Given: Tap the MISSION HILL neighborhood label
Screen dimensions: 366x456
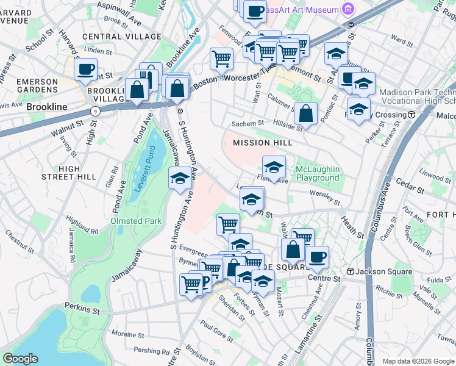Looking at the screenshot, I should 259,143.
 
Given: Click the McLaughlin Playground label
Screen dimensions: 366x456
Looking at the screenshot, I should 317,173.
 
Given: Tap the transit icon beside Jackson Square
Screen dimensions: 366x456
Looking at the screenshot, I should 351,271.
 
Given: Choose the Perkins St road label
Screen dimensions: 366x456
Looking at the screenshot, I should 82,310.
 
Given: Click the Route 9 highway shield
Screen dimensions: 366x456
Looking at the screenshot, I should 95,111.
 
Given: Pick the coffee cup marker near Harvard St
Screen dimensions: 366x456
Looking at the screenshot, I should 86,68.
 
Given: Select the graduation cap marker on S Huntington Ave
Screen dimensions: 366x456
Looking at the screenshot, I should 179,178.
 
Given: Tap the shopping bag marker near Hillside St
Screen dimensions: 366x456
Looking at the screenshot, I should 305,113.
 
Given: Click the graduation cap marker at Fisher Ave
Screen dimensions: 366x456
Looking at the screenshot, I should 274,166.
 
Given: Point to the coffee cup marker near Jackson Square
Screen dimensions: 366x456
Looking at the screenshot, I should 317,256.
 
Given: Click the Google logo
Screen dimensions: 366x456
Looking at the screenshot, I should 21,359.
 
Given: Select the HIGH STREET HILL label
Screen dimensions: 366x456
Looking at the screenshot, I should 69,173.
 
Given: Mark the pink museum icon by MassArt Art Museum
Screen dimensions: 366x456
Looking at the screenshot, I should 347,9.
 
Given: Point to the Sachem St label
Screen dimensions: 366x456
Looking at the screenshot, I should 247,124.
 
